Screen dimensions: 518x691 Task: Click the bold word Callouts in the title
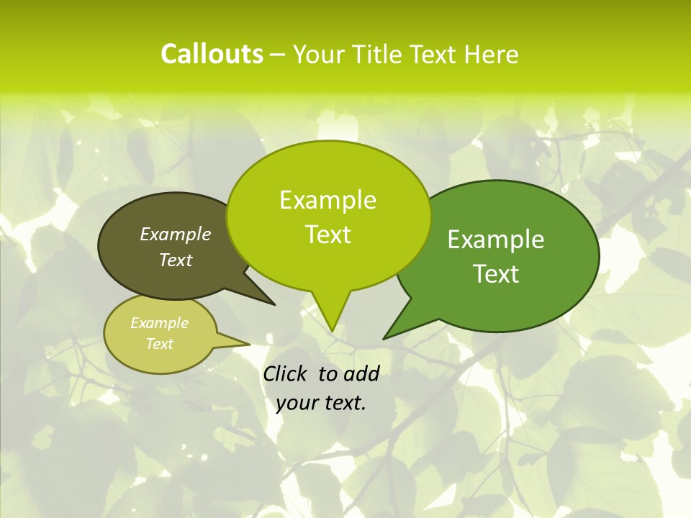212,54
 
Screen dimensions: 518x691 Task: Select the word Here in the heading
492,54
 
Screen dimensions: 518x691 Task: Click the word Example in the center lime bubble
328,200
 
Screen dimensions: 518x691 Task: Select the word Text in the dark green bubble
496,274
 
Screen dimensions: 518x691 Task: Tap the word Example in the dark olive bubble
176,234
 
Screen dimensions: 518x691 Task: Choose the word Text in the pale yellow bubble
160,344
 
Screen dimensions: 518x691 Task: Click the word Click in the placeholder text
285,373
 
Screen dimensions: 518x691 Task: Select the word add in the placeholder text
361,373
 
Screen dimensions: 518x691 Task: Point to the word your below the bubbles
297,404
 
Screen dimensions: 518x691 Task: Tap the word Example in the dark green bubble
496,240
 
